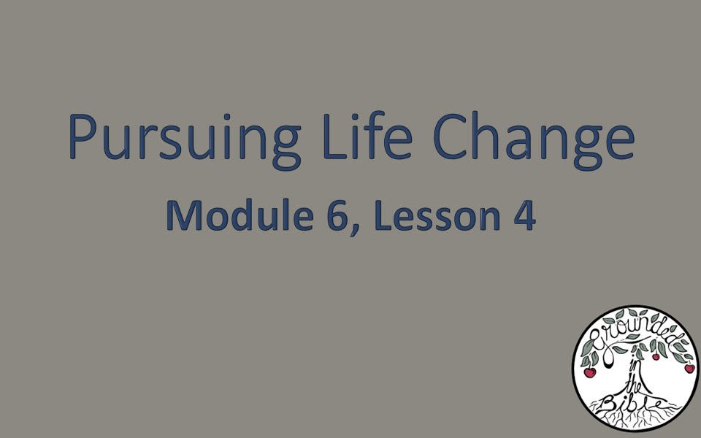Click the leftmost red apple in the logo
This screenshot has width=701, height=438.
tap(589, 372)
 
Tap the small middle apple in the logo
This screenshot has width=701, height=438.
tap(656, 356)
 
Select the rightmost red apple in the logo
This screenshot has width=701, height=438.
tap(689, 368)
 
